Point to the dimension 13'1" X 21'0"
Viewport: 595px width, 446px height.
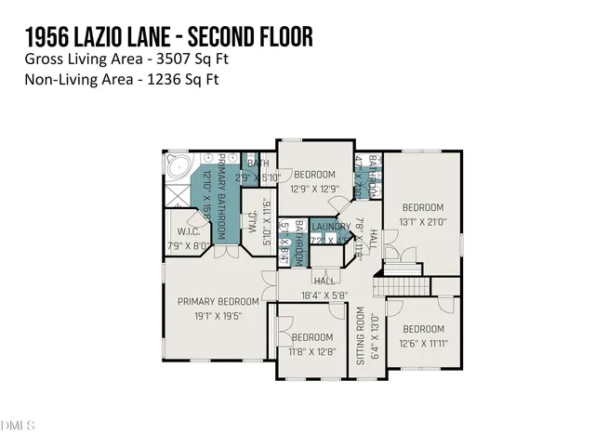[423, 221]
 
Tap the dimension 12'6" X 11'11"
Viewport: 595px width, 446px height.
[423, 343]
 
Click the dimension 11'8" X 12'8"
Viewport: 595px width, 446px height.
[311, 350]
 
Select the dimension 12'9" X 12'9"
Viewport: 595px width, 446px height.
[316, 188]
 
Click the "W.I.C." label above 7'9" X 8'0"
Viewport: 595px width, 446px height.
[187, 232]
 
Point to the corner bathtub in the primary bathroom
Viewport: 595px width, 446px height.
[177, 167]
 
